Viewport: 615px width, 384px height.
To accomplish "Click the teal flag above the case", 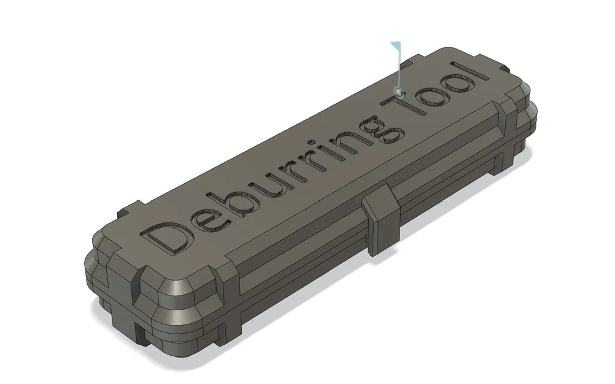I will [x=396, y=46].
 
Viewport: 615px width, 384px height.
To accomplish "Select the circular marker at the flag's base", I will [x=399, y=92].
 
